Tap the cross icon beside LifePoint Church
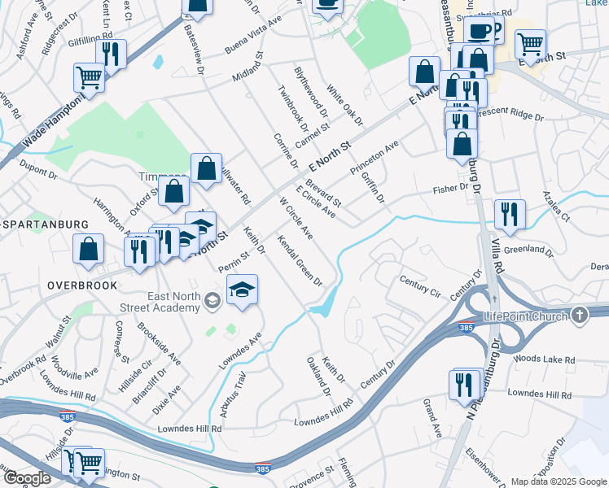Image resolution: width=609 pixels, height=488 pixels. (579, 315)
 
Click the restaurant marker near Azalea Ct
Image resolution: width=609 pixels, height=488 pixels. (510, 215)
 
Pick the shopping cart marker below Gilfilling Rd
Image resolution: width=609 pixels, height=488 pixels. (90, 78)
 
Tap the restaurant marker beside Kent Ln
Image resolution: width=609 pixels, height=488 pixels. (111, 54)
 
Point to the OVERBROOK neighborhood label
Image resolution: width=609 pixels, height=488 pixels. (82, 285)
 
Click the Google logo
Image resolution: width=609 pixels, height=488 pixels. (28, 478)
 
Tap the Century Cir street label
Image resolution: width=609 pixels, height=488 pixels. (419, 285)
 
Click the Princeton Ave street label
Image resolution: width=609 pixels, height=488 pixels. (375, 158)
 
